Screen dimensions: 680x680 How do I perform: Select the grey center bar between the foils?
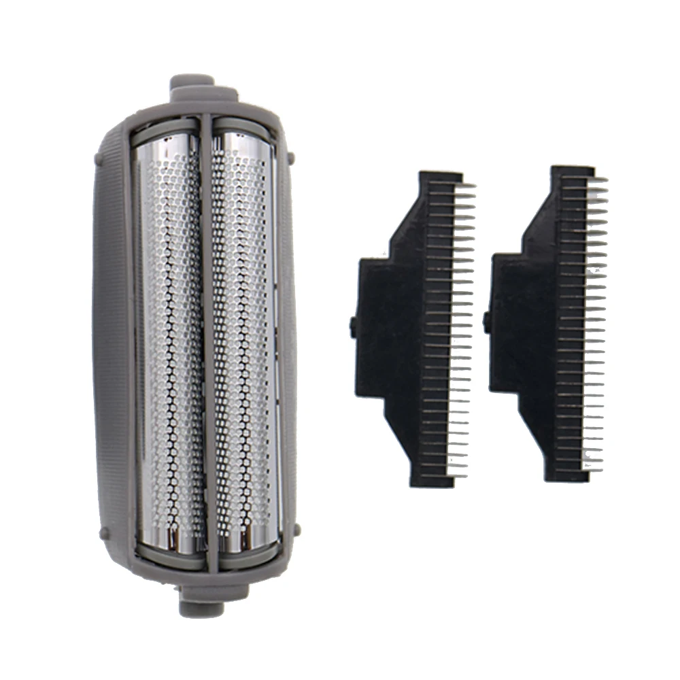(x=207, y=340)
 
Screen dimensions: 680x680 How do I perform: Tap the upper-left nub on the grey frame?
(x=101, y=158)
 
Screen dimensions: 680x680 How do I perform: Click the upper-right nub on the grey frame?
(x=291, y=158)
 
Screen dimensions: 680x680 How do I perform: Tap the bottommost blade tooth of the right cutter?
(x=592, y=469)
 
